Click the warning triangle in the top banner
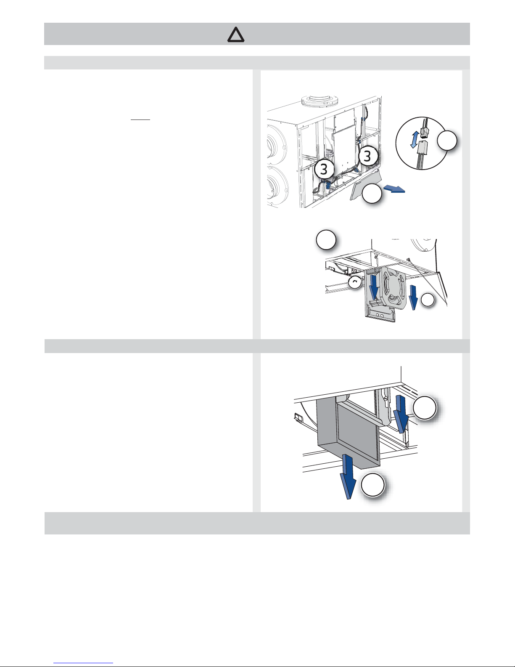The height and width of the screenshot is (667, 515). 236,35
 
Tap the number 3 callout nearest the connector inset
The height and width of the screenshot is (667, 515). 368,156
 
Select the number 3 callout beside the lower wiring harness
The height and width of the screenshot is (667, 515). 324,169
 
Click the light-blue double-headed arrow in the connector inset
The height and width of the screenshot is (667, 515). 415,139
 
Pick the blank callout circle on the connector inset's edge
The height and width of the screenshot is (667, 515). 447,140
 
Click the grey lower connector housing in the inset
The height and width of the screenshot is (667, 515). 422,149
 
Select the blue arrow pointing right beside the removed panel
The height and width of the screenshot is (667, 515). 394,189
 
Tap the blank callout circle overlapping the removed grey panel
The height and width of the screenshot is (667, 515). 372,194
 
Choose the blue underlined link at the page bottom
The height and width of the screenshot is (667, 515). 83,662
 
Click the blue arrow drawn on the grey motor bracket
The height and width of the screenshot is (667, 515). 374,287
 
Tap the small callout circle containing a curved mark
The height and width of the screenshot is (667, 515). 355,282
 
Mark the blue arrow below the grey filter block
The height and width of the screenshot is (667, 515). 348,476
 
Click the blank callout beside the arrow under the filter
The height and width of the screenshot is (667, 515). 372,485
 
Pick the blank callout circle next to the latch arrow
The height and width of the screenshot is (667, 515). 425,408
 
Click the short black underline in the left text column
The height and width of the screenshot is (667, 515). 140,119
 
